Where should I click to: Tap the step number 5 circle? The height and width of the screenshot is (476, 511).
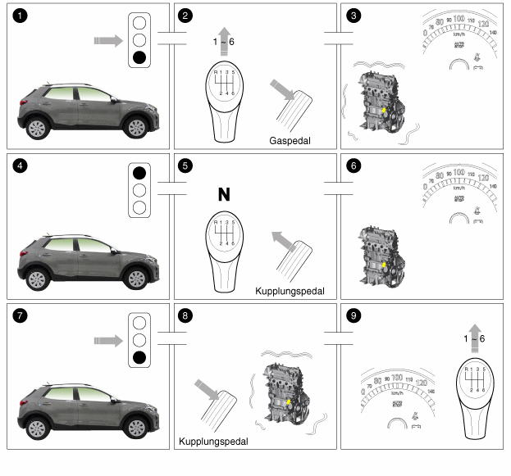tap(185, 165)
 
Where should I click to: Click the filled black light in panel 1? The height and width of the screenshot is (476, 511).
tap(139, 57)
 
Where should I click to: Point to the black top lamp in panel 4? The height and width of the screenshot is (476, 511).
tap(139, 173)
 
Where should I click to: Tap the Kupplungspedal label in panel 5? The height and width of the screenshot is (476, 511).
tap(290, 291)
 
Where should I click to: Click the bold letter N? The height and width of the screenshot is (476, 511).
tap(223, 194)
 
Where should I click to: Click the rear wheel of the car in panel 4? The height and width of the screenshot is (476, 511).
tap(37, 279)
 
